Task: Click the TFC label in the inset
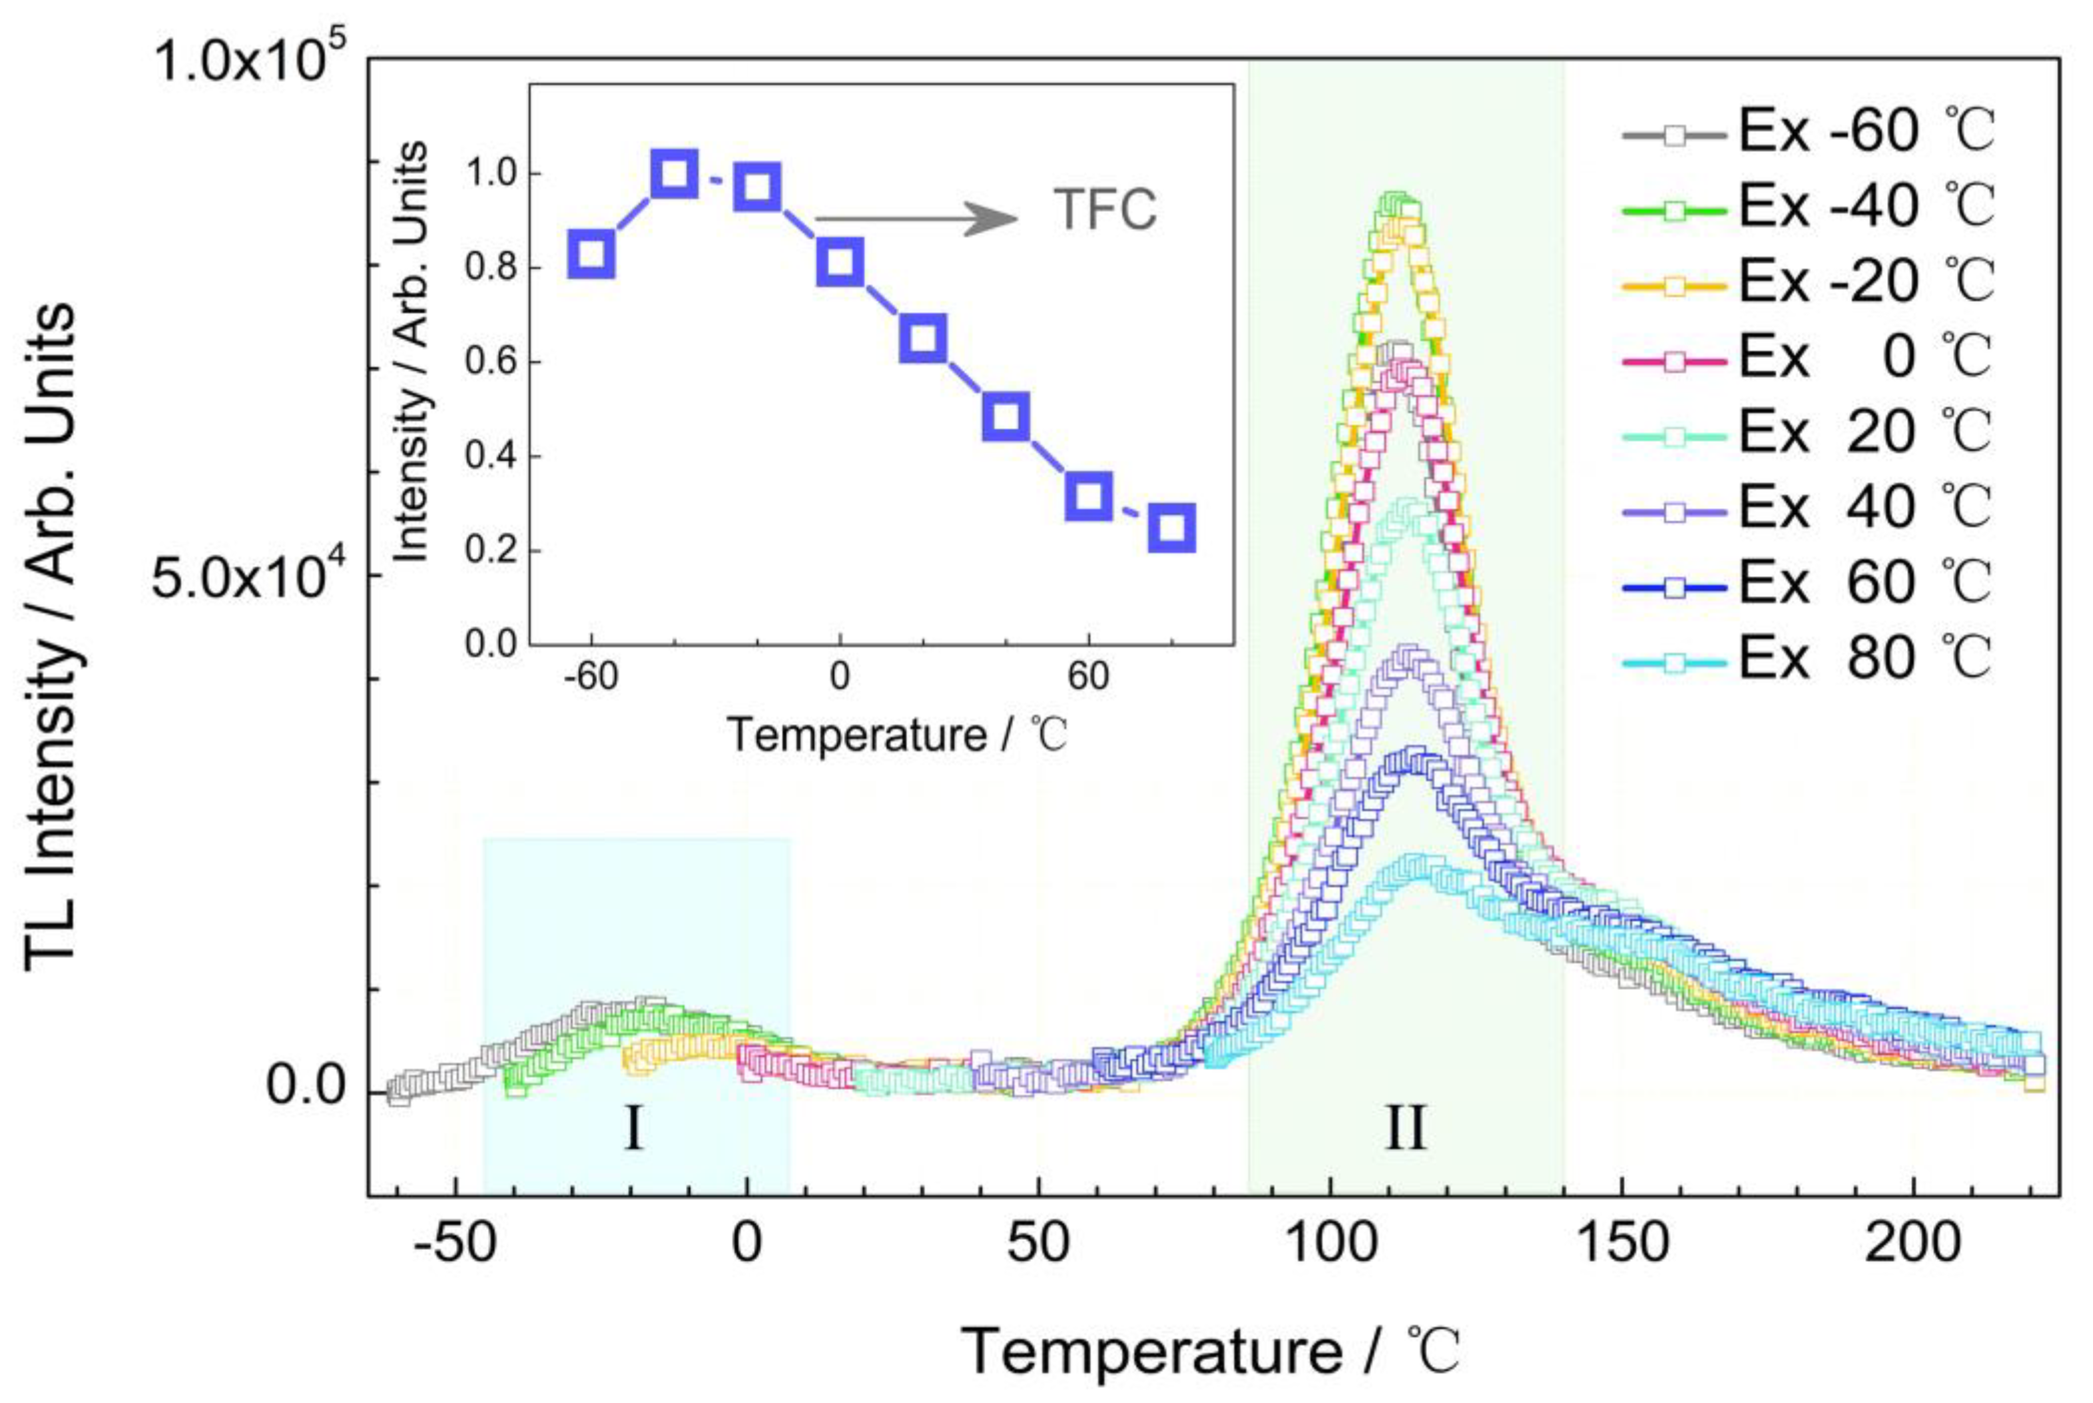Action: (1105, 211)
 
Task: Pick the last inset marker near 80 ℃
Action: (1171, 528)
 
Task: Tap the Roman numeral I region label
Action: (633, 1129)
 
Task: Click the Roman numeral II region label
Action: (1405, 1129)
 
